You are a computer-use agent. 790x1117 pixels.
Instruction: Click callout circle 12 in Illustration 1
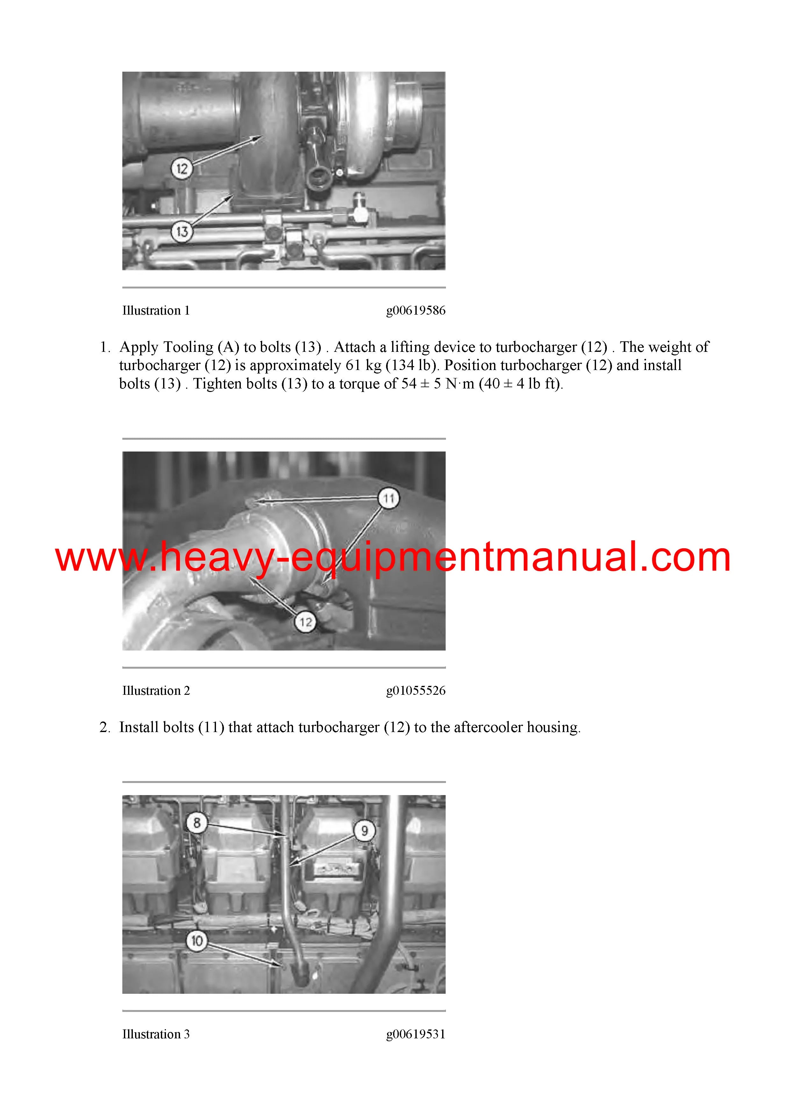click(182, 169)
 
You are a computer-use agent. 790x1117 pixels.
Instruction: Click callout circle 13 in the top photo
click(182, 231)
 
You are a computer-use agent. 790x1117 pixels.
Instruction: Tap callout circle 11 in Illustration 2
click(388, 498)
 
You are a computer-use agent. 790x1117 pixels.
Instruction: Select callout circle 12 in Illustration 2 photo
click(305, 622)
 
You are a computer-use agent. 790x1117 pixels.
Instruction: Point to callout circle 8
click(197, 823)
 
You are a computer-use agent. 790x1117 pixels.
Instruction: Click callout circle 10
click(197, 940)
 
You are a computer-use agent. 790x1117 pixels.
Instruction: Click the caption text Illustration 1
click(156, 310)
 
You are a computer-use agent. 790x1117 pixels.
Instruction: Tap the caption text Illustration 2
click(156, 690)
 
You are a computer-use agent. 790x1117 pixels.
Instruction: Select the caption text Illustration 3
click(156, 1034)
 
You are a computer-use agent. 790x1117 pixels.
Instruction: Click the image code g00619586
click(416, 311)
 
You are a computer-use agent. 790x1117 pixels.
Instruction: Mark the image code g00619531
click(416, 1034)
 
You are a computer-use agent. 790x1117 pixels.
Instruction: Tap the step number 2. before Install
click(105, 727)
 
